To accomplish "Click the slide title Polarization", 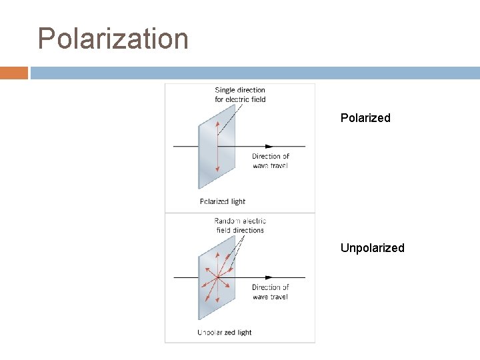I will (x=113, y=39).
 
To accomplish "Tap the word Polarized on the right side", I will (x=365, y=118).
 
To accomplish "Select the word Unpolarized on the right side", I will (x=372, y=248).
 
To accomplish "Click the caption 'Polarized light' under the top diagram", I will (x=223, y=201).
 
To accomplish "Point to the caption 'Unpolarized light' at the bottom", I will (x=225, y=332).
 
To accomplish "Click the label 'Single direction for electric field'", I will (x=240, y=95).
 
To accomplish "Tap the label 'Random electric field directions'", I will (x=240, y=225).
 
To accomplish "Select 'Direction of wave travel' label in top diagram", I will (x=270, y=161).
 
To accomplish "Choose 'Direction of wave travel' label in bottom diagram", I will (x=270, y=292).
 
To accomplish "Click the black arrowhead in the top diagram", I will (x=269, y=146).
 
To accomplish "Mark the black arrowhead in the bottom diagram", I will (x=269, y=277).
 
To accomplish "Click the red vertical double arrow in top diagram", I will (x=217, y=146).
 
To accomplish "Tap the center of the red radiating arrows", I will (x=216, y=277).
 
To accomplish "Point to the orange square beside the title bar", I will (x=13, y=73).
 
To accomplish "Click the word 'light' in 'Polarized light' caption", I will (x=238, y=201).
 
